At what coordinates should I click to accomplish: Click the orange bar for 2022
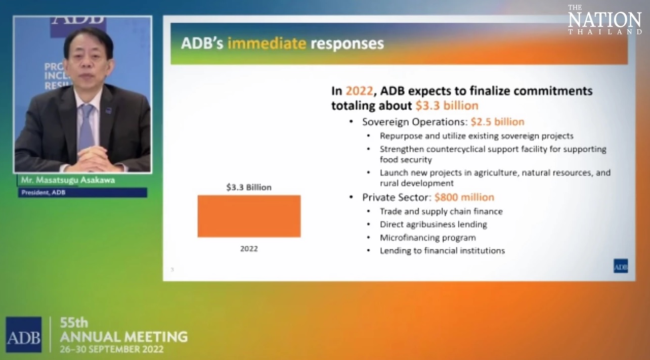pos(249,216)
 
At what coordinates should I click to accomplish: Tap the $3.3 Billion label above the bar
pos(249,188)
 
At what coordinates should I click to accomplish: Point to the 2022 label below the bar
pos(249,249)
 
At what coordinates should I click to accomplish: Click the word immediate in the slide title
pos(267,43)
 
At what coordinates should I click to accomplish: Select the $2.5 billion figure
pos(497,122)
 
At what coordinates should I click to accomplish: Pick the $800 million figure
pos(464,197)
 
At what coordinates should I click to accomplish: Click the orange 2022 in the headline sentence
pos(359,91)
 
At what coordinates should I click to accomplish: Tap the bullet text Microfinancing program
pos(428,238)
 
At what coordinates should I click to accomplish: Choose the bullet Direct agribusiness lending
pos(434,224)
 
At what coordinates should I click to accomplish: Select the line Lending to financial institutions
pos(443,251)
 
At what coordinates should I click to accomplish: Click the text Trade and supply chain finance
pos(442,211)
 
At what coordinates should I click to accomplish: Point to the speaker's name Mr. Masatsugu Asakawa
pos(68,180)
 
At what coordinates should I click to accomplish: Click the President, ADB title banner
pos(82,193)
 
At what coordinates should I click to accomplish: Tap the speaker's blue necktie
pos(86,127)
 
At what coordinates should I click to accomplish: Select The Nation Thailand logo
pos(605,20)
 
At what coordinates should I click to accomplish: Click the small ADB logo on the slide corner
pos(621,266)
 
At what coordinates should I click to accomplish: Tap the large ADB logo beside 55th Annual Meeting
pos(23,335)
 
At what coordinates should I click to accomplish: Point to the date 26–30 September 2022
pos(112,349)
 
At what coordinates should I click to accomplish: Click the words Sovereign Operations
pos(415,122)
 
